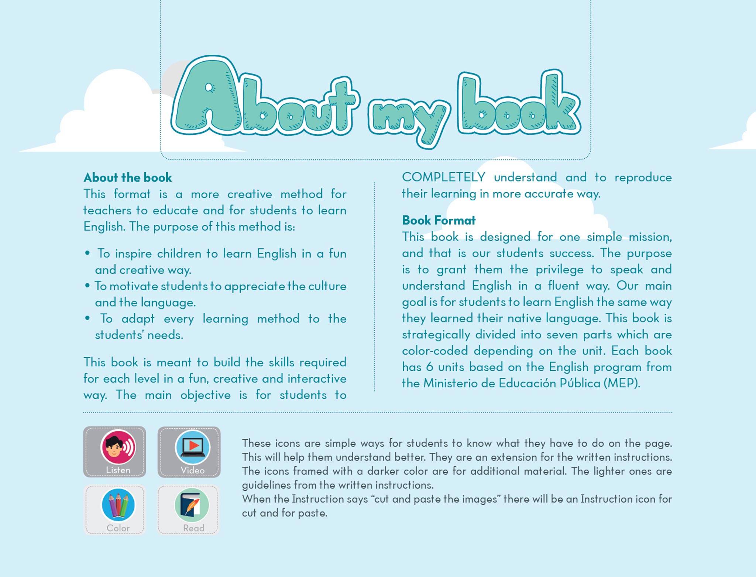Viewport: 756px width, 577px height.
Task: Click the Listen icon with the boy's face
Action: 118,447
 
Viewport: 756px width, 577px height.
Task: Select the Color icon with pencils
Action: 118,505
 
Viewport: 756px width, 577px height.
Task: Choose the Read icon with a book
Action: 192,505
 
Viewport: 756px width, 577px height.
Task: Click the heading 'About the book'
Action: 128,178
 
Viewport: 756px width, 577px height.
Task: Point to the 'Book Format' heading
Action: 439,221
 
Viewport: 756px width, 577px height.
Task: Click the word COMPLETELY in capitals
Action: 443,177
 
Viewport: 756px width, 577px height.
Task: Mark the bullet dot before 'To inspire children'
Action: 87,253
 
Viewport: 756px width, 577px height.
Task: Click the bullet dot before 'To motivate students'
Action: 87,286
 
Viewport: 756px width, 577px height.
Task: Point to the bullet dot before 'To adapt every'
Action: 87,318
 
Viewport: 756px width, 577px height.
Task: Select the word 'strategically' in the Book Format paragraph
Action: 436,335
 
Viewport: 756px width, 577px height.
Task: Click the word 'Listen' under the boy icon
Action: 118,470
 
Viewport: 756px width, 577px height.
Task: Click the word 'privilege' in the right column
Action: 559,270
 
